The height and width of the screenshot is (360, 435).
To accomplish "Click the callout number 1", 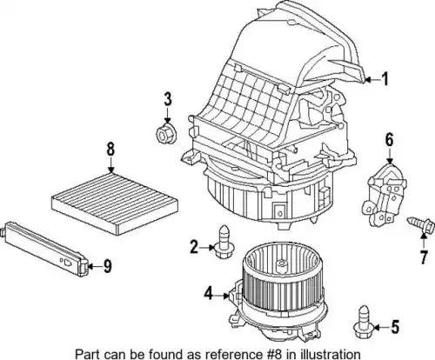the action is (x=385, y=79).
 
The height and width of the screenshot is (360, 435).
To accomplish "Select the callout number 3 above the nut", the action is (x=168, y=99).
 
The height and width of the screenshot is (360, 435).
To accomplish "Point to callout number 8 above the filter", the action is (x=110, y=150).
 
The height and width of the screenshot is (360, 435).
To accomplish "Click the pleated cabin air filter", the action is (x=115, y=203).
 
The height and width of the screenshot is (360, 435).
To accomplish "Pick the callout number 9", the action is (x=108, y=266).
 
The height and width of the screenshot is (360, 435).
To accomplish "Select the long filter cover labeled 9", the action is (x=45, y=249).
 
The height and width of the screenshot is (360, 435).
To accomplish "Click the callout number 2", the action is (x=194, y=247).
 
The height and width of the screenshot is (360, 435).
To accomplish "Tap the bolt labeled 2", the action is (x=223, y=242).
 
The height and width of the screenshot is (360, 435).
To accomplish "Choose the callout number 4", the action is (x=208, y=293).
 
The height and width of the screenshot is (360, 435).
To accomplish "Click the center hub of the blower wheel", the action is (x=281, y=263).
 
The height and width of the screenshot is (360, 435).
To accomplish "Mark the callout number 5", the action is (x=395, y=327).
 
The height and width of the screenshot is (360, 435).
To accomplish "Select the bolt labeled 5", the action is (x=363, y=322).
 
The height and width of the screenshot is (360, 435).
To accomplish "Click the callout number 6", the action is (x=389, y=140).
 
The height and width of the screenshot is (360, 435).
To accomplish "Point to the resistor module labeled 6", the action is (x=384, y=195).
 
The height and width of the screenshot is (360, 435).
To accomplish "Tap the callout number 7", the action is (x=424, y=257).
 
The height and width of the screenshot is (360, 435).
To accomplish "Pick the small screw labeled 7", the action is (x=421, y=224).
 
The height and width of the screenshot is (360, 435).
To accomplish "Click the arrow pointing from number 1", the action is (x=372, y=79).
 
